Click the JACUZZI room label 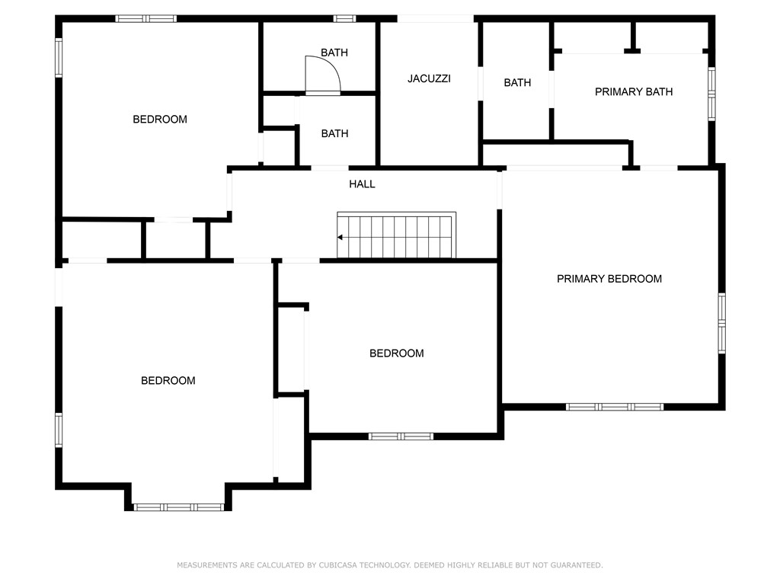(429, 78)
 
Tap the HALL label (362, 184)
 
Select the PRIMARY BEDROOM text (609, 279)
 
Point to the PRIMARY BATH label (633, 92)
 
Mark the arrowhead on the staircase (340, 237)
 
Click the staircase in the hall (396, 236)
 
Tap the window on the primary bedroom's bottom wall (615, 407)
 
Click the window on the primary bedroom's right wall (721, 323)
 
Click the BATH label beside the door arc (334, 53)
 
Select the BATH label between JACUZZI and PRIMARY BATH (517, 82)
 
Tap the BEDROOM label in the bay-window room (168, 381)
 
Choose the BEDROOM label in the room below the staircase (396, 353)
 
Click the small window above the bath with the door (344, 18)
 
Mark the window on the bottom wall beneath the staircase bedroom (401, 436)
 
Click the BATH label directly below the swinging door (334, 133)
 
